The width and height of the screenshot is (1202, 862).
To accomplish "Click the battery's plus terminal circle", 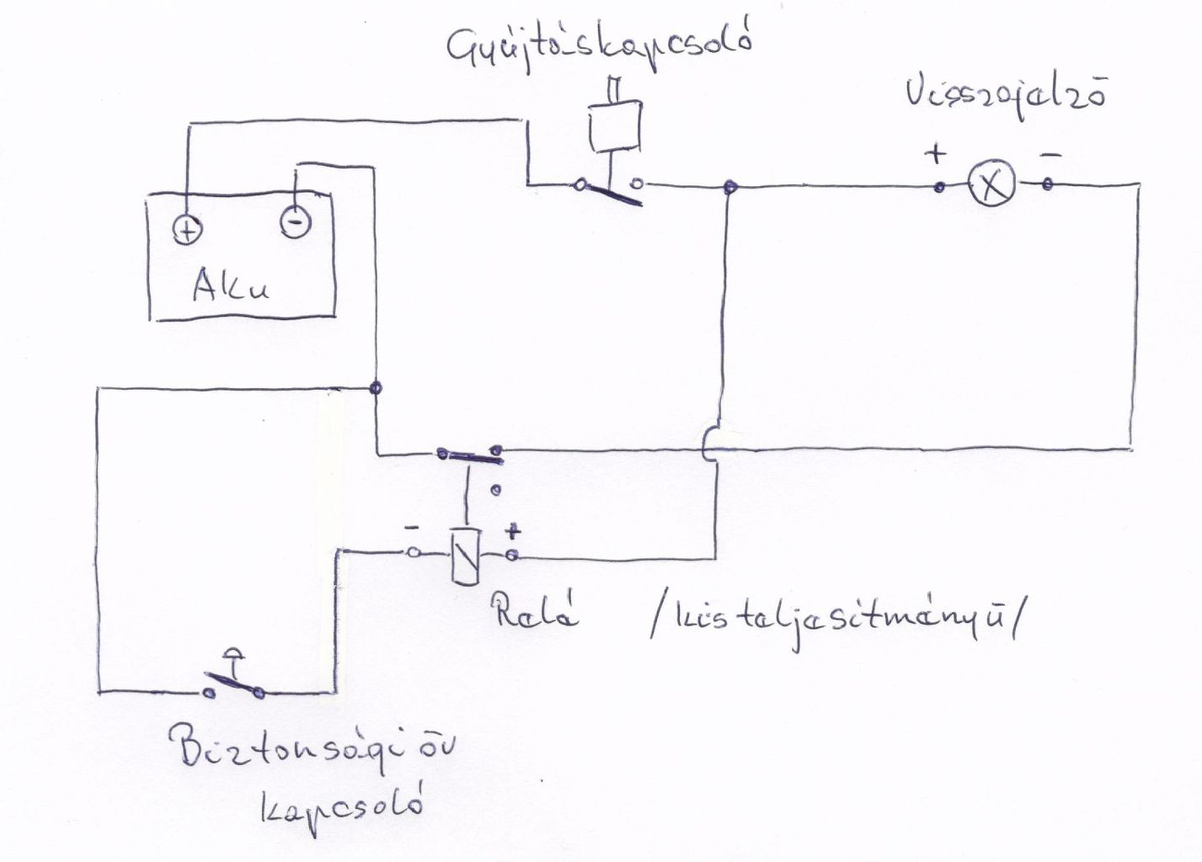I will tap(188, 229).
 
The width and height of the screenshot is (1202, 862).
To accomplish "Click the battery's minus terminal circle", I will tap(295, 223).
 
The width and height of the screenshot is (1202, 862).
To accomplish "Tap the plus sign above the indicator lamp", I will tap(935, 154).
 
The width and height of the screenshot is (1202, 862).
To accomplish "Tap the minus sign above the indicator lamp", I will tap(1050, 155).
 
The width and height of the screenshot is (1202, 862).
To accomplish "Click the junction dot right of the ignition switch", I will tap(729, 185).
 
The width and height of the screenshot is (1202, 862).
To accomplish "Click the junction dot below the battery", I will tap(376, 388).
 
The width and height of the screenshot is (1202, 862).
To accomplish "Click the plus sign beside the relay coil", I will tap(512, 532).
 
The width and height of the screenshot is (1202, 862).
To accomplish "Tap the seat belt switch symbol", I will tap(234, 680).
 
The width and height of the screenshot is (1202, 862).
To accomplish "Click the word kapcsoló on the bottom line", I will tap(341, 809).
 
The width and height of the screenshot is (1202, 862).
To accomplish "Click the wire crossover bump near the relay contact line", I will tap(708, 446).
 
